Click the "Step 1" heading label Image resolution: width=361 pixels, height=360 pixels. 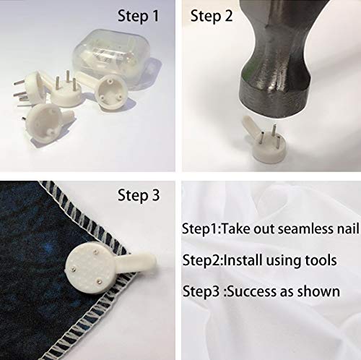(x=139, y=16)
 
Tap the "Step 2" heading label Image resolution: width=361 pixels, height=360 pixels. (x=212, y=16)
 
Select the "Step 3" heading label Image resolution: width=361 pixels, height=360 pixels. (x=139, y=194)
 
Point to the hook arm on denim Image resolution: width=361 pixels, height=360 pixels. (x=136, y=261)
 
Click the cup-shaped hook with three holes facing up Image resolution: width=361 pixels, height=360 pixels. (x=110, y=91)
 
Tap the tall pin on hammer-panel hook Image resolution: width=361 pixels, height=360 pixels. (x=274, y=132)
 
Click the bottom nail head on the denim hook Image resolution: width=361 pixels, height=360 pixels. (x=98, y=281)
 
